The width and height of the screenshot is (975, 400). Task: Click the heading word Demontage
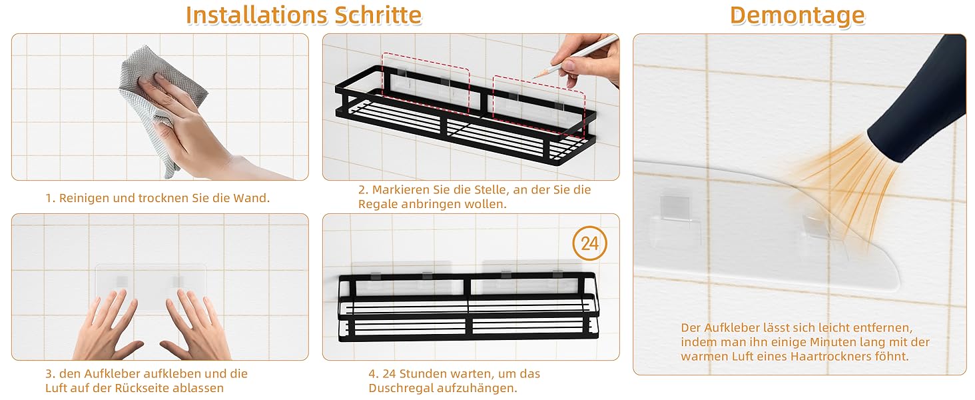[x=797, y=16]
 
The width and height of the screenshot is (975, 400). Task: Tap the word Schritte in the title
[x=378, y=15]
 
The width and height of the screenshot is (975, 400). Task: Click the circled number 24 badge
[x=589, y=243]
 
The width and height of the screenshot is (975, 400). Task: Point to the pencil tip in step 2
[x=533, y=78]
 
